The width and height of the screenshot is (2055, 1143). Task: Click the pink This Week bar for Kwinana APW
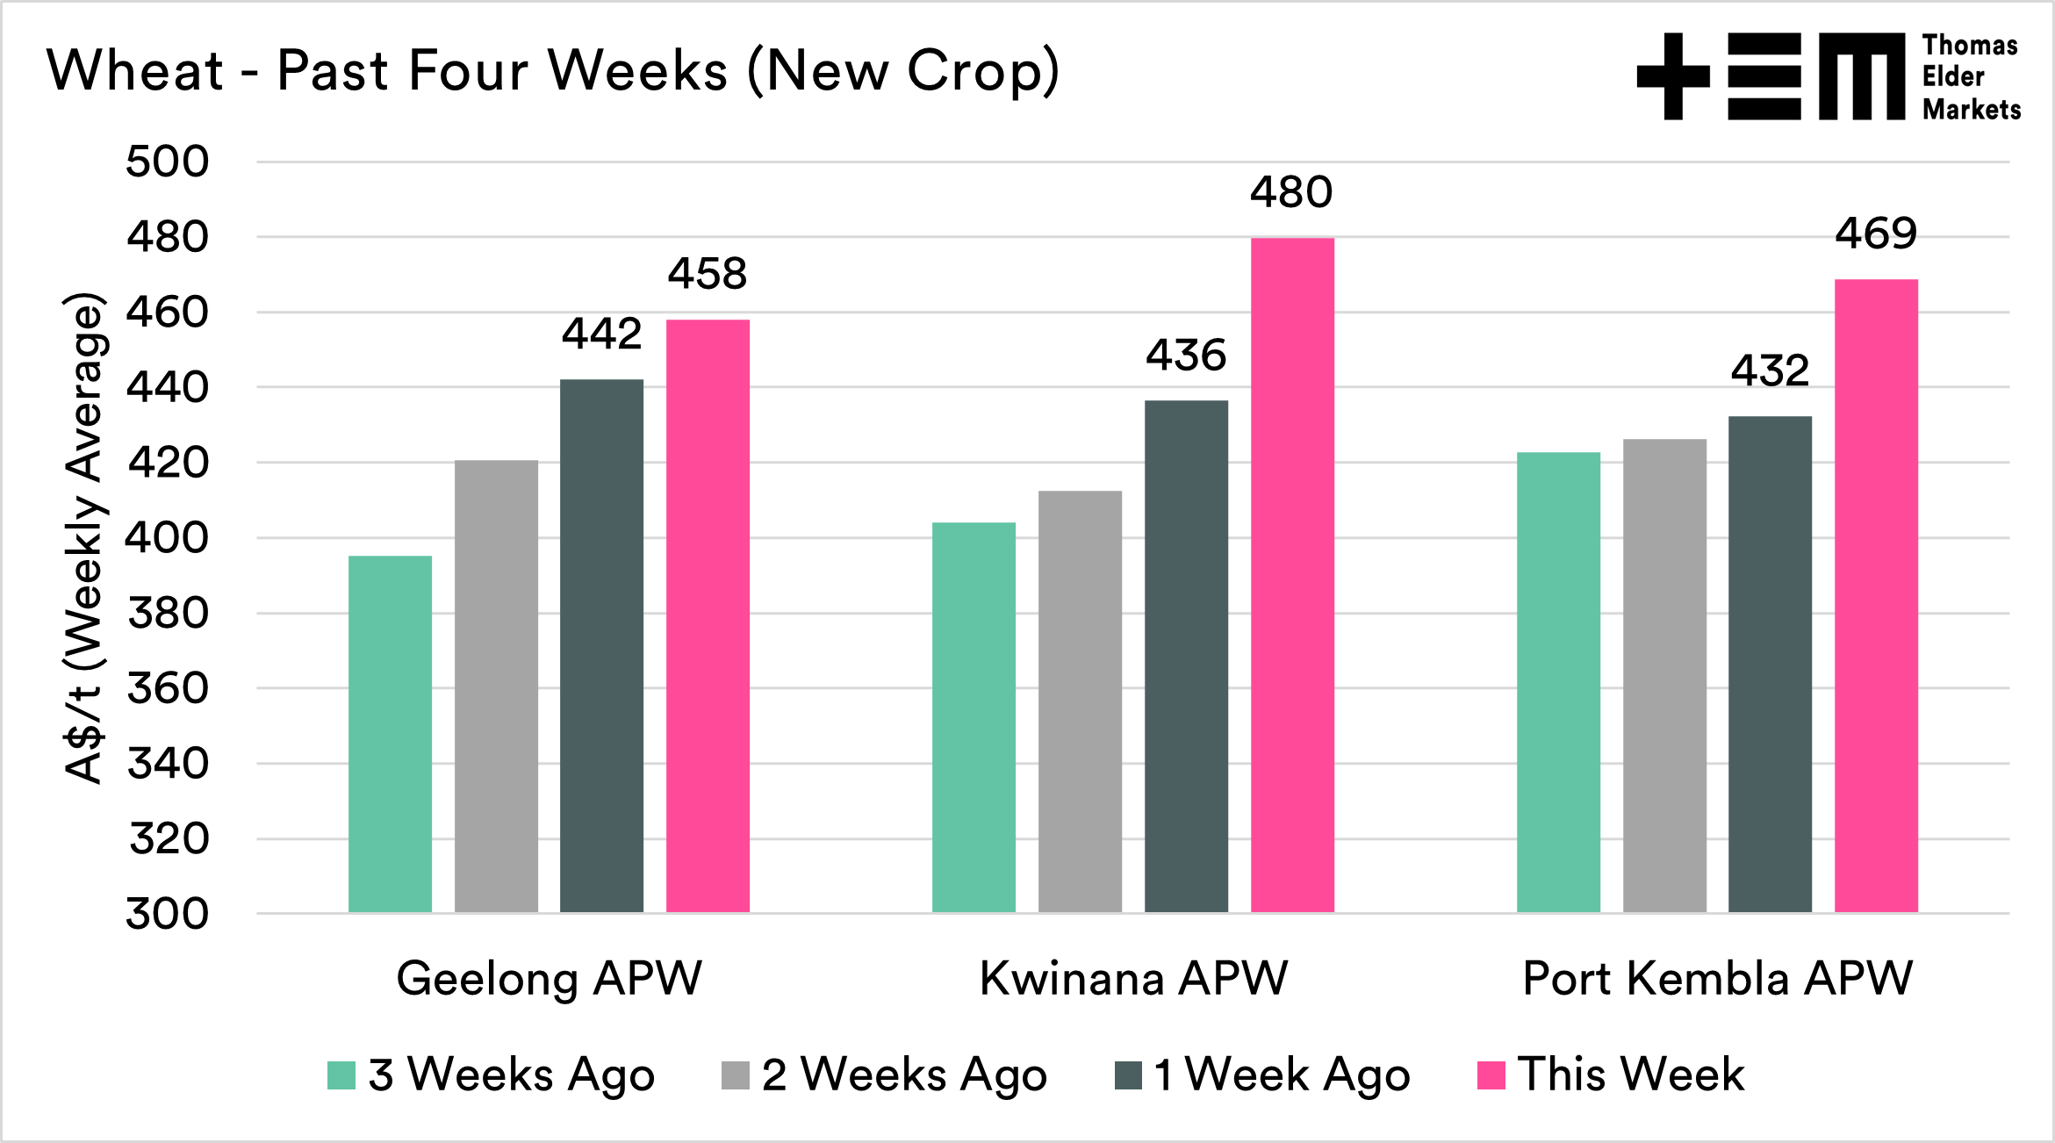(x=1292, y=575)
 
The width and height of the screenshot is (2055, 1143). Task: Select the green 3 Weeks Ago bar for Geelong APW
(x=390, y=734)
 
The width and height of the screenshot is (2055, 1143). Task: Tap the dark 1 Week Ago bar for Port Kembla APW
(x=1770, y=664)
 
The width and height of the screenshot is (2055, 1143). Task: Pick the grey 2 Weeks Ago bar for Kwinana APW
(x=1080, y=701)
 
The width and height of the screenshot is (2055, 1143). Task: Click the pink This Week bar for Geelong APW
(x=708, y=615)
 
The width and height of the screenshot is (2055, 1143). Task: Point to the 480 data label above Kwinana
(x=1291, y=192)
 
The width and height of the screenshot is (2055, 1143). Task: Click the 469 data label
(x=1876, y=234)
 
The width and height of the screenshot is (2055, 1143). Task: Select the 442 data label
(x=602, y=334)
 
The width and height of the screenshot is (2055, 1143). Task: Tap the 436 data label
(x=1186, y=356)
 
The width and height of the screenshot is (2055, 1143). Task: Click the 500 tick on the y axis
(x=168, y=162)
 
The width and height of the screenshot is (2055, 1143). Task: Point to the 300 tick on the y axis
(x=168, y=914)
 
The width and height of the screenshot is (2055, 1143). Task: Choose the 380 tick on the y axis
(x=168, y=613)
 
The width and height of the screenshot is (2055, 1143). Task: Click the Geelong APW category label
(x=550, y=978)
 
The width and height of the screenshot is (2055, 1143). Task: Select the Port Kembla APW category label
(x=1717, y=978)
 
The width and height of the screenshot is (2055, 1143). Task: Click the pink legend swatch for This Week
(x=1491, y=1075)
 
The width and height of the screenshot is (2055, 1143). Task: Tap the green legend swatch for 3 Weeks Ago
(x=341, y=1075)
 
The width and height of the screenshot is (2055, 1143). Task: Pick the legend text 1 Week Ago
(x=1282, y=1075)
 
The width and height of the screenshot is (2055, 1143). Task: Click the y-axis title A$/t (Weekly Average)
(x=85, y=537)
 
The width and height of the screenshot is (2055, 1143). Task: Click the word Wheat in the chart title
(x=136, y=70)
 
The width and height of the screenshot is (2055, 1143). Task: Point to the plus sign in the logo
(x=1673, y=76)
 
